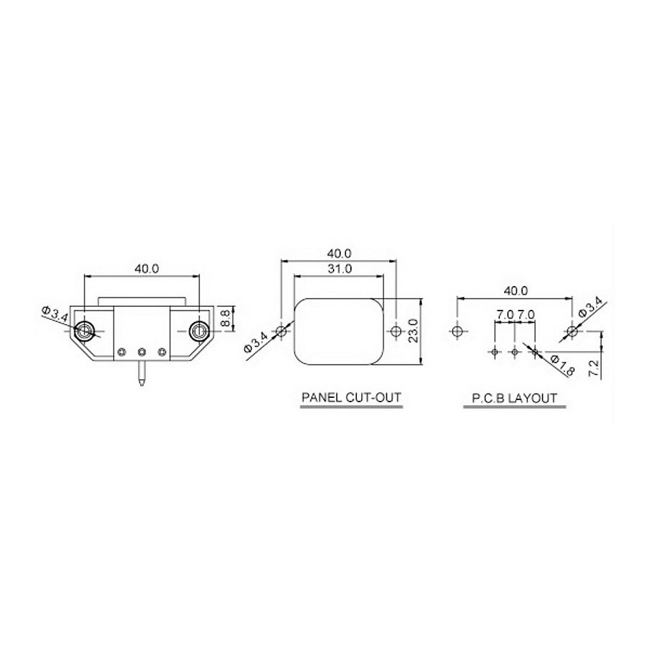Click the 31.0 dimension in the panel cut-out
tap(339, 269)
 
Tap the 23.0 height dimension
tap(413, 331)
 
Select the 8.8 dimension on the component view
tap(226, 318)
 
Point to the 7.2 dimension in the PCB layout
tap(594, 368)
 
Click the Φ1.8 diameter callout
tap(562, 365)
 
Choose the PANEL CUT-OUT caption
tap(351, 397)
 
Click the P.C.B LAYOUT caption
tap(514, 398)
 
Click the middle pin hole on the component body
tap(142, 352)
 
